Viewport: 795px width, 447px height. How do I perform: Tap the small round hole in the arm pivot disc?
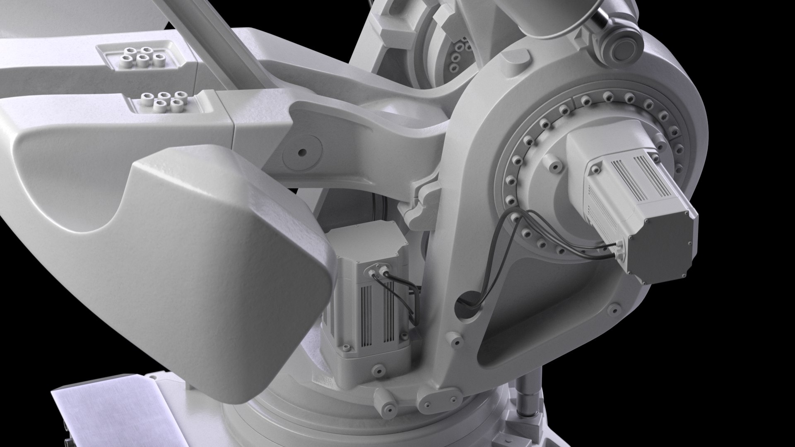pyautogui.click(x=301, y=152)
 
